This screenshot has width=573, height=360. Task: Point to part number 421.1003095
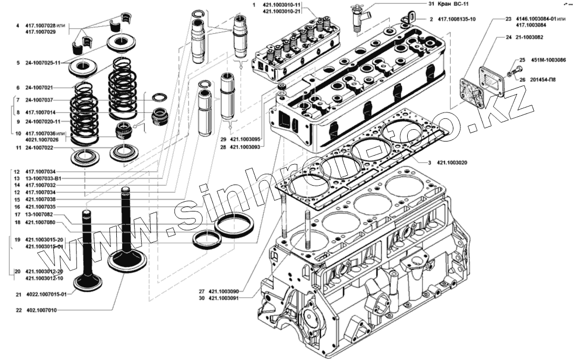245,139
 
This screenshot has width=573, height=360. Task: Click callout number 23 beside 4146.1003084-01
508,19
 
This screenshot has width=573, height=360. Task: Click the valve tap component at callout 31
358,16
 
